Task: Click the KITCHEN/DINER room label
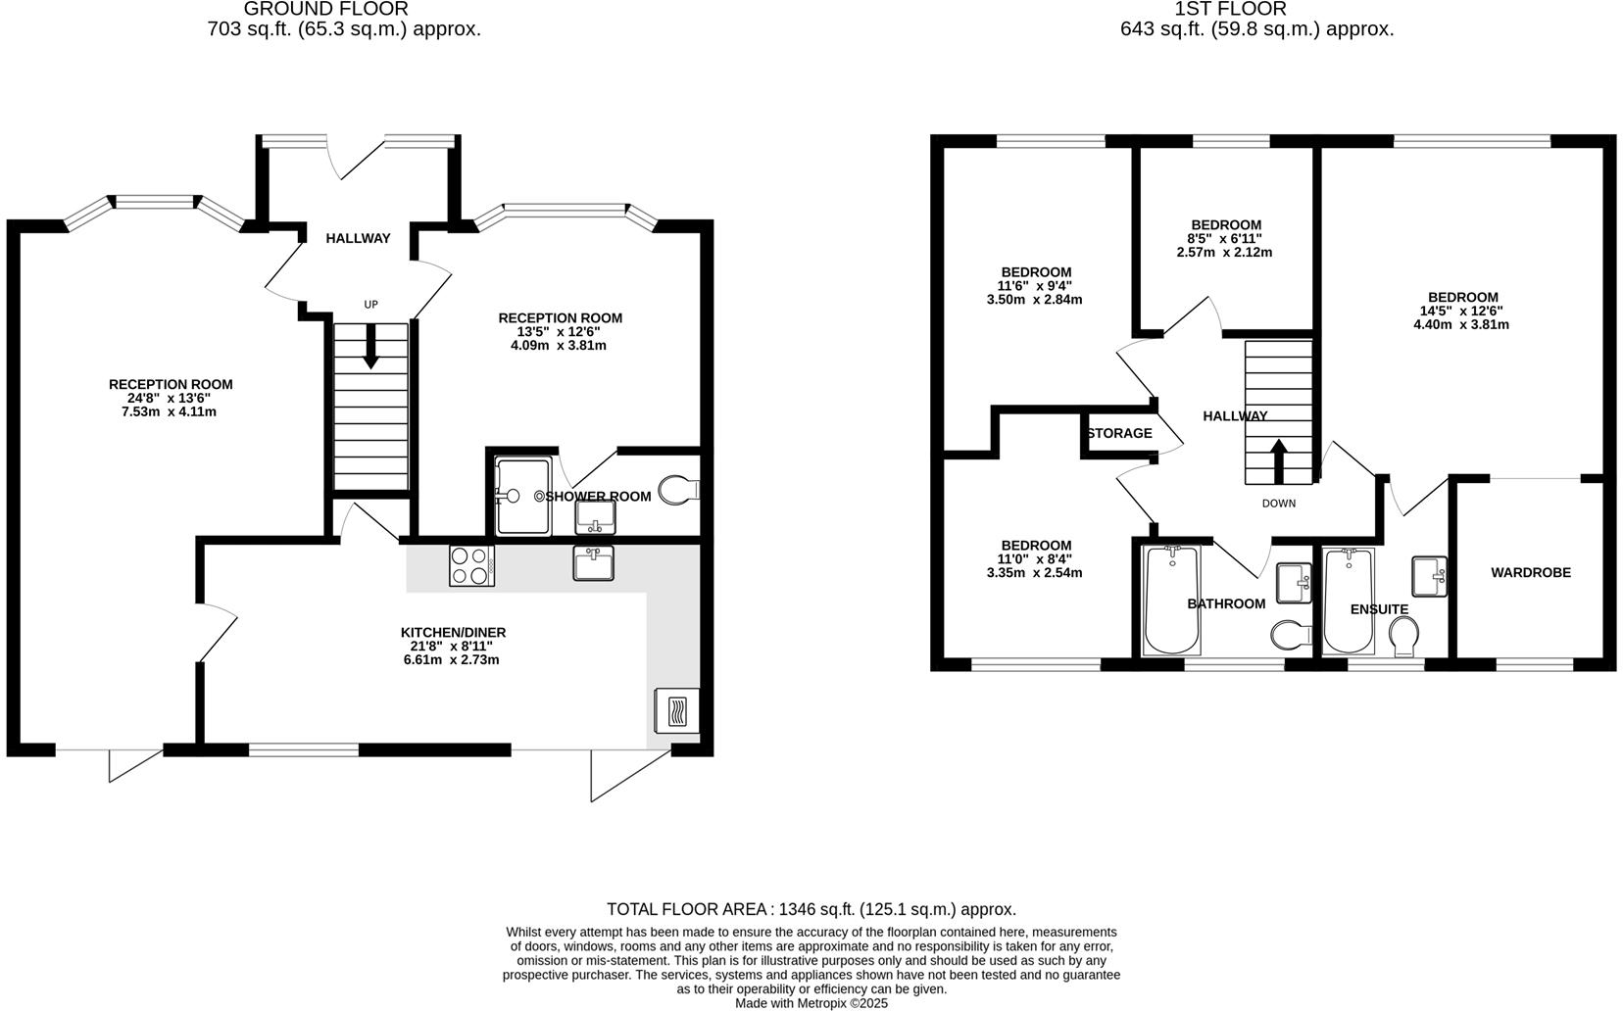coord(453,632)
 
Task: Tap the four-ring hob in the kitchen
coord(470,565)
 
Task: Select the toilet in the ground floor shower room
coord(678,488)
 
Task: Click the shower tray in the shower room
coord(522,496)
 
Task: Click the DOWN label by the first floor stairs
coord(1278,504)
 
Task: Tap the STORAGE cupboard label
coord(1119,433)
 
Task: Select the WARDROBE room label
coord(1530,572)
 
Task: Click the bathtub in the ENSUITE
coord(1349,602)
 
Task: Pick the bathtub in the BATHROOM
coord(1171,601)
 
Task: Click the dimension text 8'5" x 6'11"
coord(1224,238)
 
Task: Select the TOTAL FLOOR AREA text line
coord(811,909)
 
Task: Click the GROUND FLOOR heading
coord(325,9)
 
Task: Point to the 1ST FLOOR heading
coord(1230,9)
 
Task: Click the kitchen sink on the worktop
coord(593,563)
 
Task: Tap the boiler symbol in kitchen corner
coord(676,709)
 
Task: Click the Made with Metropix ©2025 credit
coord(811,1003)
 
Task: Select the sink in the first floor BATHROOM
coord(1295,583)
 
